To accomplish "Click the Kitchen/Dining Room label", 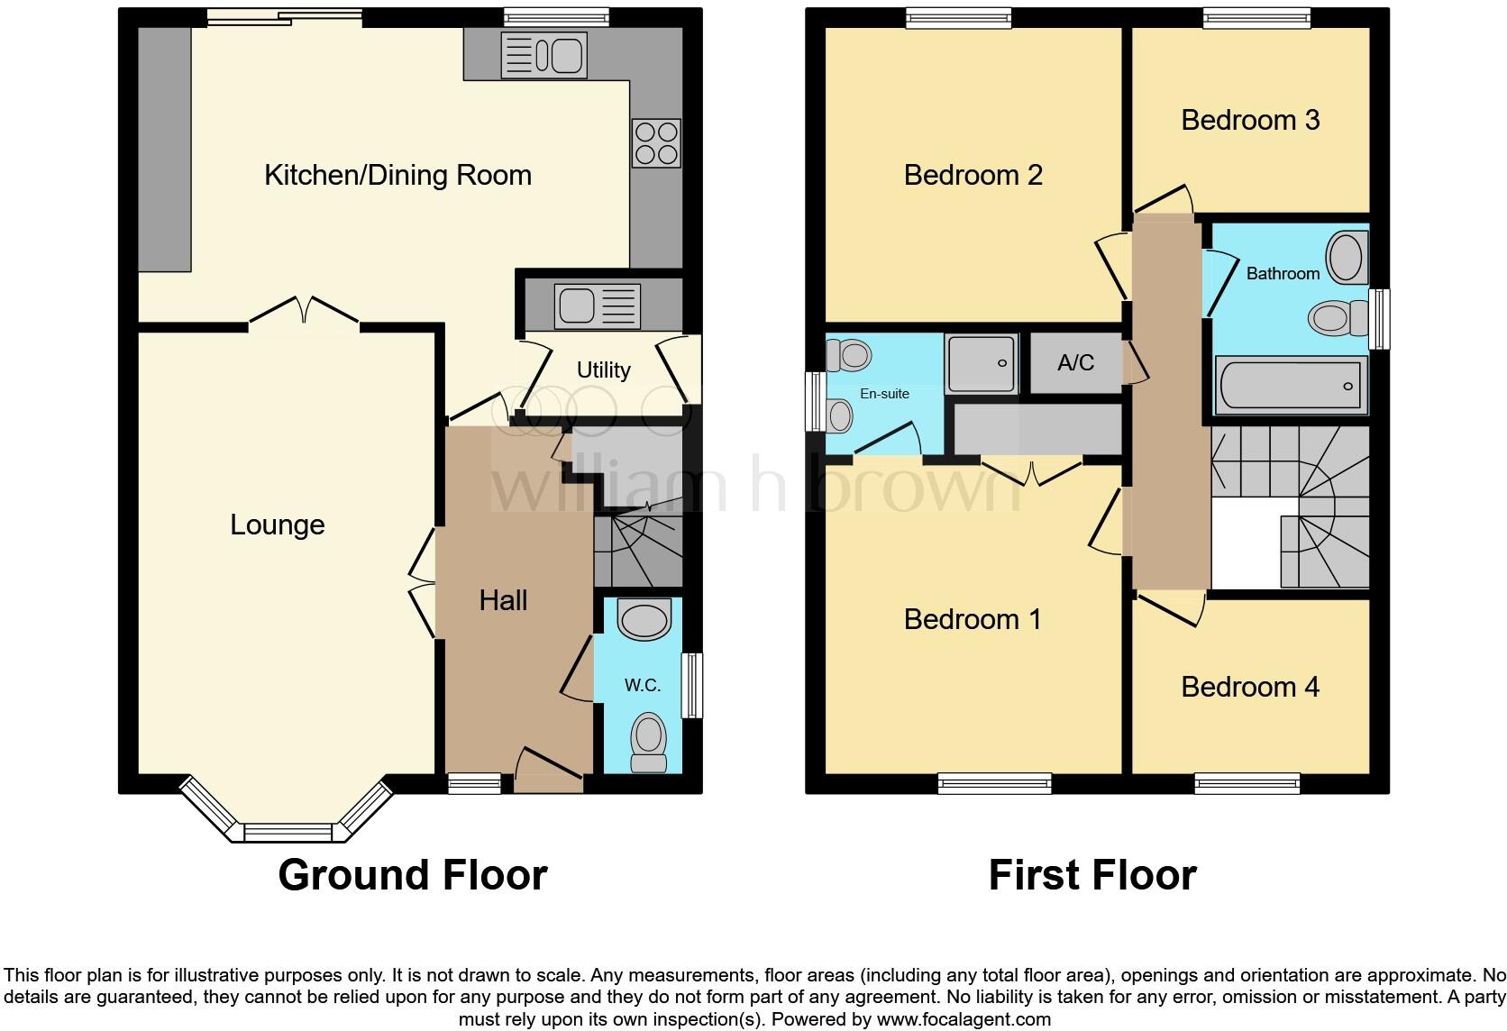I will (397, 175).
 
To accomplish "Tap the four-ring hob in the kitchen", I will (656, 143).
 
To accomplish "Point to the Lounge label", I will (277, 525).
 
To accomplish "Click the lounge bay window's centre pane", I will (288, 833).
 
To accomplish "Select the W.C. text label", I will (643, 685).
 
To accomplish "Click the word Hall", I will (503, 600).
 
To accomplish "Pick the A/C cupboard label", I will (1075, 362).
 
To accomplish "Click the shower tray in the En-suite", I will (982, 363).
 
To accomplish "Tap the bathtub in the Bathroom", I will (1290, 386).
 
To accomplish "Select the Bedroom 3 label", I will (1250, 120).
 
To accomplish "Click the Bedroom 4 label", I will (1250, 687).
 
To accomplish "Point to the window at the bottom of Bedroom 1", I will (994, 783).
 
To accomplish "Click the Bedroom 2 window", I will (958, 17).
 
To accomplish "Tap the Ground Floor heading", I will (412, 875).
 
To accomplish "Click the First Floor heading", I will (1091, 875).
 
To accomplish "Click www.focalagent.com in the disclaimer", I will (963, 1020).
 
